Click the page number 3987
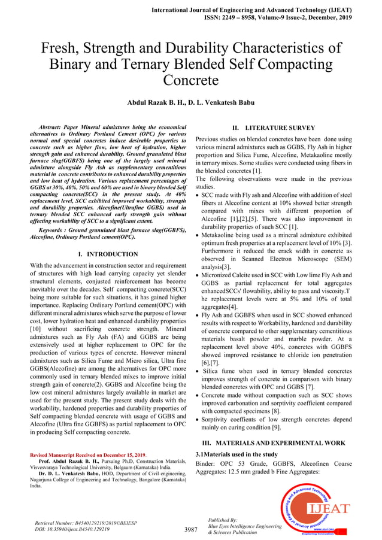coord(191,530)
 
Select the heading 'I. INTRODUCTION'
coord(108,254)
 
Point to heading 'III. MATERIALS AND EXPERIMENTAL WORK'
coord(274,442)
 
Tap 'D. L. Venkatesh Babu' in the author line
coord(222,102)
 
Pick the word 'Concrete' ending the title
coord(191,80)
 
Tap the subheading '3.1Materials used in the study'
coord(236,454)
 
